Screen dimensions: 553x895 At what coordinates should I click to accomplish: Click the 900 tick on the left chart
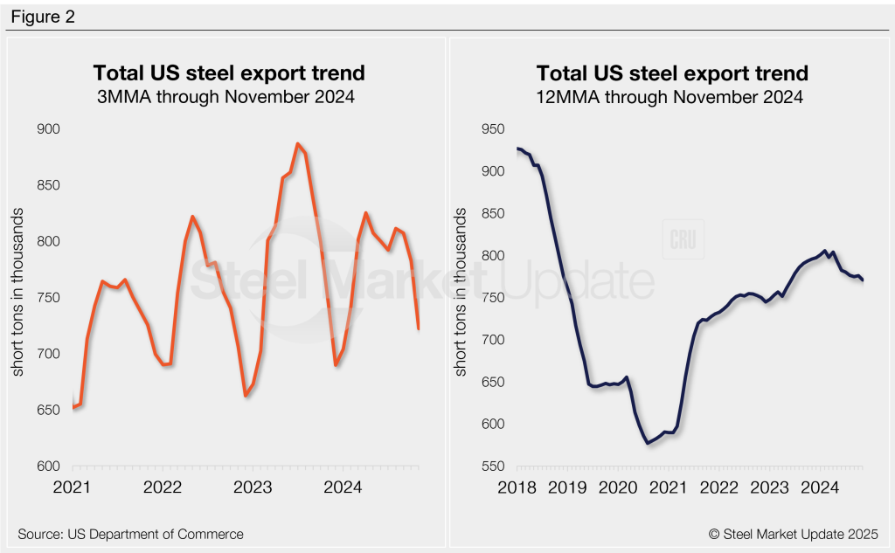tap(48, 129)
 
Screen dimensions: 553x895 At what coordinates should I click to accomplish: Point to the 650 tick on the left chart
tap(48, 410)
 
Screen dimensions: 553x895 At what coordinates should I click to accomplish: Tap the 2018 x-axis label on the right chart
tap(517, 487)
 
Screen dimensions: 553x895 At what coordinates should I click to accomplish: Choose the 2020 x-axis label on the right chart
tap(619, 487)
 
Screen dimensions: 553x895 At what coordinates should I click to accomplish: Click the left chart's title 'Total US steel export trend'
tap(229, 73)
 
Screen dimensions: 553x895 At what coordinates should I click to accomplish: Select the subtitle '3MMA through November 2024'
tap(229, 97)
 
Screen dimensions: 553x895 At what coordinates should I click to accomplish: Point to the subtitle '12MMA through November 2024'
tap(671, 97)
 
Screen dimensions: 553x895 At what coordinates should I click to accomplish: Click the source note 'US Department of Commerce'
tap(130, 534)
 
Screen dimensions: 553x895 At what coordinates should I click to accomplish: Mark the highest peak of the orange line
tap(298, 143)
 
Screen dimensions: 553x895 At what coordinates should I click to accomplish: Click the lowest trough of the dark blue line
tap(648, 444)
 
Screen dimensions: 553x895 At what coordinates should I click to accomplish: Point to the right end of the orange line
tap(419, 328)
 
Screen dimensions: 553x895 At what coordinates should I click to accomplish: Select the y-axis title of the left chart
tap(17, 297)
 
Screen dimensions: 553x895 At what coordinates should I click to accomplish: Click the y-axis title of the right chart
tap(461, 297)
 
